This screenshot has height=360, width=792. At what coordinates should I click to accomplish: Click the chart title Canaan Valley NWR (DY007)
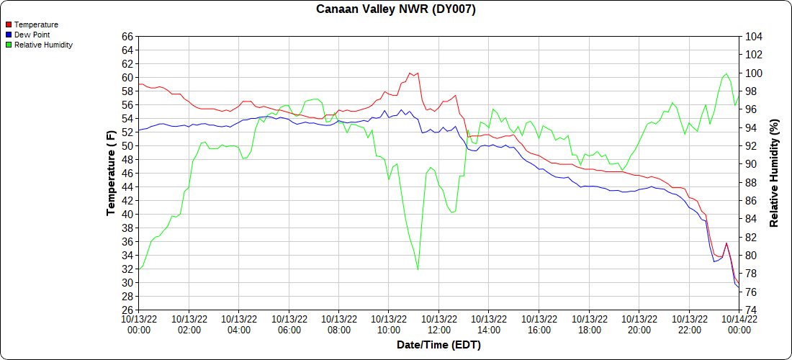point(396,9)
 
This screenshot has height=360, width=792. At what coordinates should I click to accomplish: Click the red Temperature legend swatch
point(8,24)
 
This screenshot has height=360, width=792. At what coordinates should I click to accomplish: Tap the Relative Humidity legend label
point(43,45)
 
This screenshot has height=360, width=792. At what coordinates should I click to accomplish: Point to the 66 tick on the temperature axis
point(127,37)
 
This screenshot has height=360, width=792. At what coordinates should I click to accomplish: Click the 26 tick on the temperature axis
point(127,310)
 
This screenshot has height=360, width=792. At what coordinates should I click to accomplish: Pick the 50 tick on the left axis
point(127,146)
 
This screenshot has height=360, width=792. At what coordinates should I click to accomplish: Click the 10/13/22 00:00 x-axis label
point(139,324)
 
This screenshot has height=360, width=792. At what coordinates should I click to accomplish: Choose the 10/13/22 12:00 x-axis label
point(439,324)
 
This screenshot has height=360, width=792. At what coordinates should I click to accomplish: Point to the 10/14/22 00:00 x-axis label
point(739,324)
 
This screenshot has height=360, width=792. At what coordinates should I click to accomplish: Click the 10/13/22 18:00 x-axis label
point(589,324)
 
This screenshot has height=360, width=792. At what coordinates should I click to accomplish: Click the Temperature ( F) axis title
point(111,174)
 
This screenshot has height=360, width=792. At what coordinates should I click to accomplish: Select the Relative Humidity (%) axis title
point(775,174)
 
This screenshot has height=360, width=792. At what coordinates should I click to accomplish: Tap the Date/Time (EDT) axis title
point(438,345)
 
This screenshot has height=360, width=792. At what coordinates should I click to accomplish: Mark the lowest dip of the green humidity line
point(418,270)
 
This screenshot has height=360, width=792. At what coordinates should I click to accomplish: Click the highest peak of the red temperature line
point(410,73)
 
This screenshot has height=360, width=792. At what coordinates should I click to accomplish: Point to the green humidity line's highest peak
point(726,73)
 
